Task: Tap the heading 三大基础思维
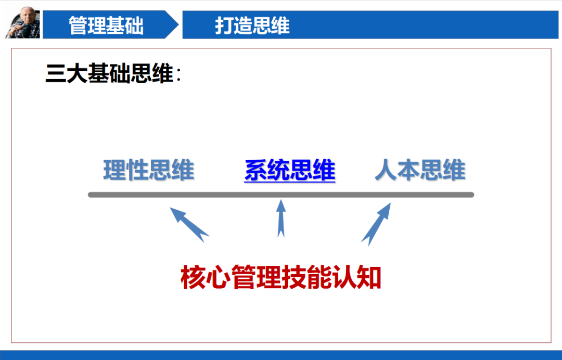[x=109, y=74]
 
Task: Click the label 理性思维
[x=149, y=171]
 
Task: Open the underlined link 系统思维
[x=290, y=171]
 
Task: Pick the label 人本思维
[x=420, y=171]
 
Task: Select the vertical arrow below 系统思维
[x=281, y=218]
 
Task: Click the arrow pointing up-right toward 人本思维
[x=376, y=223]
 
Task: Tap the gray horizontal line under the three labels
[x=281, y=195]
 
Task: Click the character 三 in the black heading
[x=55, y=74]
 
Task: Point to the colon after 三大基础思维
[x=178, y=76]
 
